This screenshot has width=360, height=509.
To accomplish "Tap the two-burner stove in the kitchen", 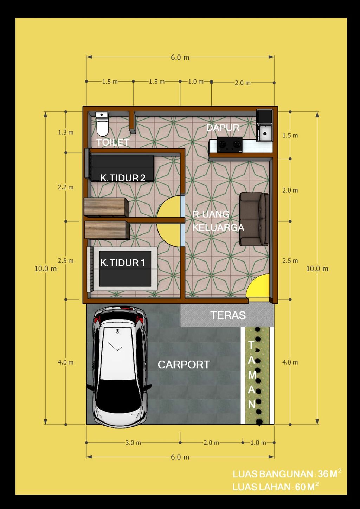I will click(230, 144).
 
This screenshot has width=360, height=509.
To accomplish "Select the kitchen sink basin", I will click(264, 133).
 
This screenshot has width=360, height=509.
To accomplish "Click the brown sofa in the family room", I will click(254, 219).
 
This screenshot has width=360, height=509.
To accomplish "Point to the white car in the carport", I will click(119, 366).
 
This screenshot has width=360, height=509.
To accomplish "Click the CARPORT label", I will click(184, 365).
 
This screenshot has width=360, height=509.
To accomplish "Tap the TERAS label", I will click(228, 315).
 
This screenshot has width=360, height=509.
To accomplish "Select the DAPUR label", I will click(223, 128).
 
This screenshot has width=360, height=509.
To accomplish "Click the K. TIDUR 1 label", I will click(122, 263).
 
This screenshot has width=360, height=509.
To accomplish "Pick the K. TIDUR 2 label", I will click(123, 178).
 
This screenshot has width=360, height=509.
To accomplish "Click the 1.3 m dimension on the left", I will click(66, 133).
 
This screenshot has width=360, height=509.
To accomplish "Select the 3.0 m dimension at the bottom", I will click(133, 443).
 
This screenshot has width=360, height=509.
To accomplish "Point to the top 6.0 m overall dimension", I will click(180, 57).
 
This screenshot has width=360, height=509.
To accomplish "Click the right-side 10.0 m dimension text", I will click(317, 269).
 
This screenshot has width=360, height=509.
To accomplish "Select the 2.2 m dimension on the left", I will click(66, 187).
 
